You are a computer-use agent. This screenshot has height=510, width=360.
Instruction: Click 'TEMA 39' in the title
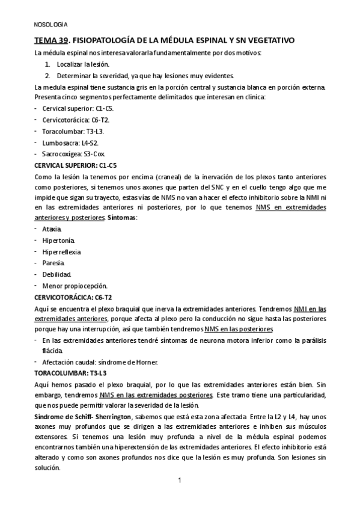coord(50,41)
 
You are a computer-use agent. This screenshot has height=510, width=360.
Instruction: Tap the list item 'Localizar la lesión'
coord(84,64)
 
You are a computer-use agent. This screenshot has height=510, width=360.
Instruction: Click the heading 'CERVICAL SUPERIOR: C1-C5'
coord(76,165)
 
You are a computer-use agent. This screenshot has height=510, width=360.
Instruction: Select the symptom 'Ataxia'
coord(52,229)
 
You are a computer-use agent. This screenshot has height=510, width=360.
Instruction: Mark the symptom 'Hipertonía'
coord(57,241)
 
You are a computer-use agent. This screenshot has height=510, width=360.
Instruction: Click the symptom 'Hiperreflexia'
coord(61,252)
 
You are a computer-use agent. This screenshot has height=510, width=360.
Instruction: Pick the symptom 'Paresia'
coord(53,263)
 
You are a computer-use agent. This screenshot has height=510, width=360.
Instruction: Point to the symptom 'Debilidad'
coord(56,274)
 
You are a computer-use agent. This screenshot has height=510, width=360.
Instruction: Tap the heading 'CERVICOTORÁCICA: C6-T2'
coord(73,297)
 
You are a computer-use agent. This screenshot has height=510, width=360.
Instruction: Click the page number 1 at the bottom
coord(180,481)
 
